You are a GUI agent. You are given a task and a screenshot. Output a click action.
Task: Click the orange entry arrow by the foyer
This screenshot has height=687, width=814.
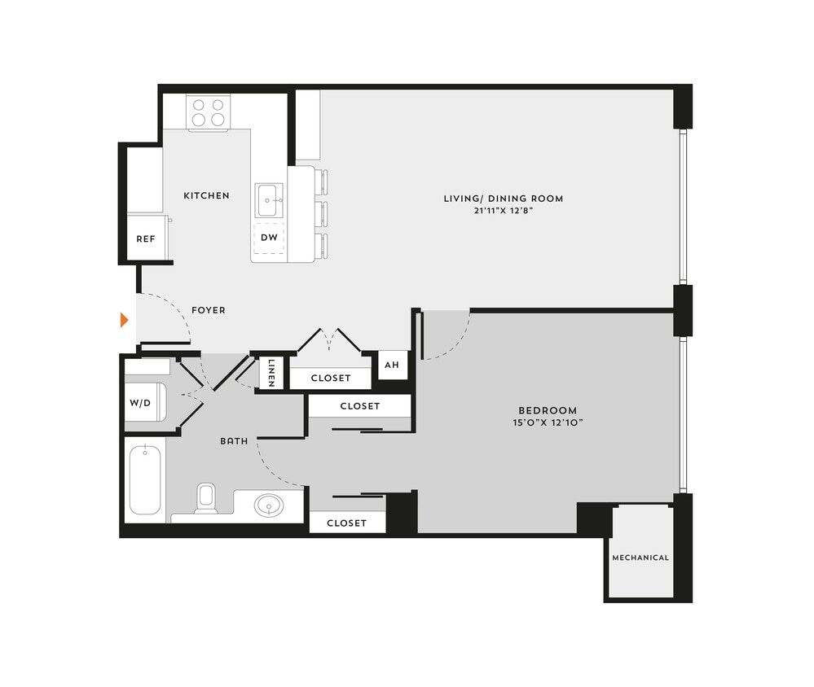125,319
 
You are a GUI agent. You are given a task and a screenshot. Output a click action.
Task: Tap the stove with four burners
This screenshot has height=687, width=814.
208,112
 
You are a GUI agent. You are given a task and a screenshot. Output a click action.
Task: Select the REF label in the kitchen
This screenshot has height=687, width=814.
146,239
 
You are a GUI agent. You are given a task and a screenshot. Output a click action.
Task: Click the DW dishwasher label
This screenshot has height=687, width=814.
269,238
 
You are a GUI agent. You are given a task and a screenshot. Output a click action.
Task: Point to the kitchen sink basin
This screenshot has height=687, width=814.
269,200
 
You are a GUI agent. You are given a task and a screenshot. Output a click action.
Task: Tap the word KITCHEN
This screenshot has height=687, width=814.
206,195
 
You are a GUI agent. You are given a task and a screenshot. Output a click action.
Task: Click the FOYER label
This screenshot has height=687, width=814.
209,310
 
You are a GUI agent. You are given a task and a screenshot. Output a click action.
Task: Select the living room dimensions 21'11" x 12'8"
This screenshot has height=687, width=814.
503,210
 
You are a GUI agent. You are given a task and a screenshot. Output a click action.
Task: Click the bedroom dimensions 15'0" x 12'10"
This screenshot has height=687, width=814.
548,423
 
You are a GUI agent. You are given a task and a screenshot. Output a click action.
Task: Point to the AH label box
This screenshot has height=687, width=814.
392,365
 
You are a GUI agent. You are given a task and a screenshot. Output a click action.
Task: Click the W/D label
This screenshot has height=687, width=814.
140,402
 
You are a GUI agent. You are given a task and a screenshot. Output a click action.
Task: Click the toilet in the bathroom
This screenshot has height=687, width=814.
205,498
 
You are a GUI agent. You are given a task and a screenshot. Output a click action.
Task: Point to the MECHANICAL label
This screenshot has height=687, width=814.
640,558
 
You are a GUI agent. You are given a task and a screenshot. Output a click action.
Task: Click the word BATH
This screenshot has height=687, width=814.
234,441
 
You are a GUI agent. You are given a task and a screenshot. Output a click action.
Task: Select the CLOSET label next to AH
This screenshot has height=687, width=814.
331,379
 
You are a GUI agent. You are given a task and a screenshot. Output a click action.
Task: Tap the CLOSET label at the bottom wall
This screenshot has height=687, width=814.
346,523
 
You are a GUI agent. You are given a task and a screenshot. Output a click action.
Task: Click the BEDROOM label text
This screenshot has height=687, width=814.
548,410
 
